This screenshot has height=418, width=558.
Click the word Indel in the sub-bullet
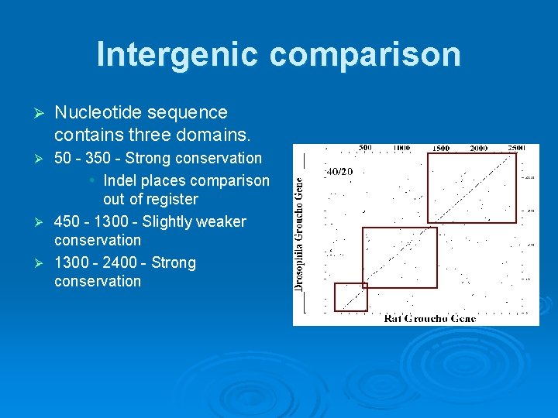pyautogui.click(x=121, y=180)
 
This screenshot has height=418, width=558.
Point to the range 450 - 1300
pyautogui.click(x=96, y=222)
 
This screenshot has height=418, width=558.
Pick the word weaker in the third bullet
pyautogui.click(x=220, y=222)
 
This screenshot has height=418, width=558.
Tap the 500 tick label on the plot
pyautogui.click(x=365, y=148)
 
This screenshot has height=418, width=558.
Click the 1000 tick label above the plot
pyautogui.click(x=401, y=148)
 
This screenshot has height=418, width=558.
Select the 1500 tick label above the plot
pyautogui.click(x=440, y=148)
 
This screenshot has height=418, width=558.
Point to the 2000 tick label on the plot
pyautogui.click(x=478, y=148)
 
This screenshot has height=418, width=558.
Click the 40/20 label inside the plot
pyautogui.click(x=339, y=171)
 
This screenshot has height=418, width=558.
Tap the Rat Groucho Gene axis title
pyautogui.click(x=429, y=318)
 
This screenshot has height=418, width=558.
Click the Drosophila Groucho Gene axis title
pyautogui.click(x=299, y=231)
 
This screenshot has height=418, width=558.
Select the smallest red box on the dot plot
pyautogui.click(x=350, y=297)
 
